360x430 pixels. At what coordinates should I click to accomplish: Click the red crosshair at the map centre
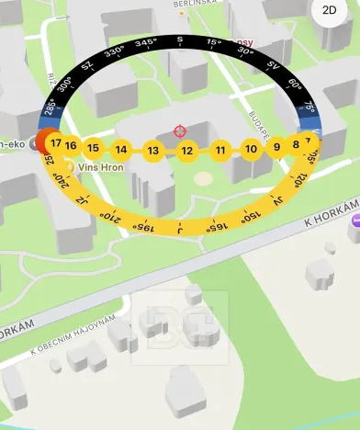tap(180, 131)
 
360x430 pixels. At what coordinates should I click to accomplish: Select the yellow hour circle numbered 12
tap(186, 151)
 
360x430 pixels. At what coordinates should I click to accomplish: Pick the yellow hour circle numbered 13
tap(153, 151)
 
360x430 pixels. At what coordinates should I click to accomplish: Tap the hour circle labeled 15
tap(93, 147)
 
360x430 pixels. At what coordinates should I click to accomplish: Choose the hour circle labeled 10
tap(251, 149)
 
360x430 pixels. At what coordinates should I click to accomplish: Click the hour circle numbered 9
tap(276, 147)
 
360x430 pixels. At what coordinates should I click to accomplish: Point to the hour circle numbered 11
tap(220, 150)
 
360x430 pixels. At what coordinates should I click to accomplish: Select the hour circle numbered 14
tap(121, 150)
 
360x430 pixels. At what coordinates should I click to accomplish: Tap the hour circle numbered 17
tap(56, 143)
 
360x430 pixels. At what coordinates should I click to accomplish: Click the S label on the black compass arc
tap(180, 40)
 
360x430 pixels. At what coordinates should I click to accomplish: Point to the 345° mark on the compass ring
tap(144, 42)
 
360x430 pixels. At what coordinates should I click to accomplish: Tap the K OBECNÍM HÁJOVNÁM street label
tap(73, 335)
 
